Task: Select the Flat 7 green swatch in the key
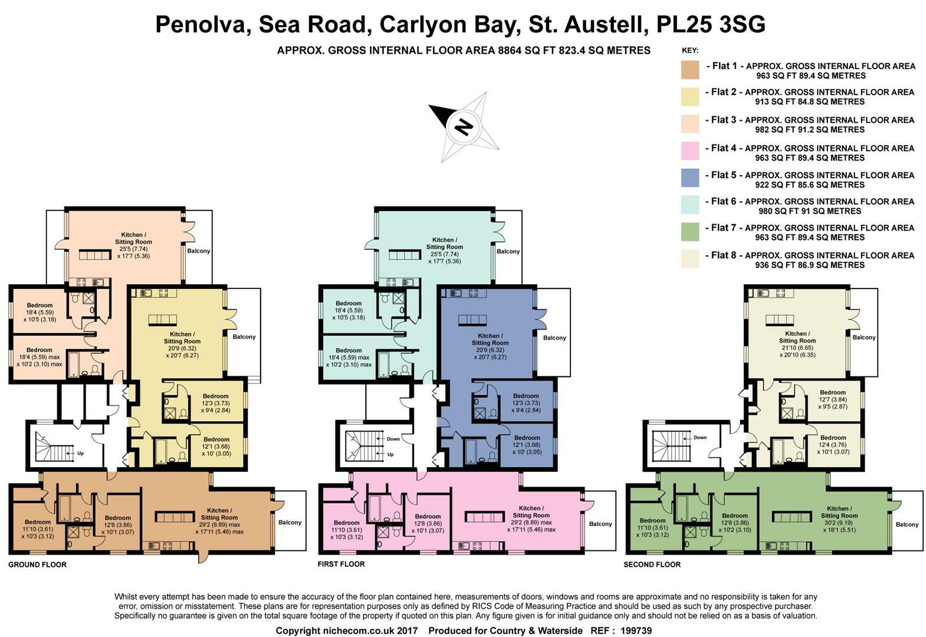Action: [690, 232]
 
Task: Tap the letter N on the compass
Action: [464, 126]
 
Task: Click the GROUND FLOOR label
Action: [37, 564]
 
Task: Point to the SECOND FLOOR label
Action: [652, 564]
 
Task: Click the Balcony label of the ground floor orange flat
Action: [290, 522]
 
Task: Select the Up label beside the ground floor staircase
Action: [80, 454]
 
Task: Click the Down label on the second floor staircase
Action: [700, 438]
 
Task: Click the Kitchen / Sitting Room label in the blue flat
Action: [490, 339]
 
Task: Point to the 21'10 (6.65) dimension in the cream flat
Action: [796, 348]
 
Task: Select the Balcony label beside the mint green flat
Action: [508, 251]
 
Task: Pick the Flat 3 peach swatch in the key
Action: [690, 124]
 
